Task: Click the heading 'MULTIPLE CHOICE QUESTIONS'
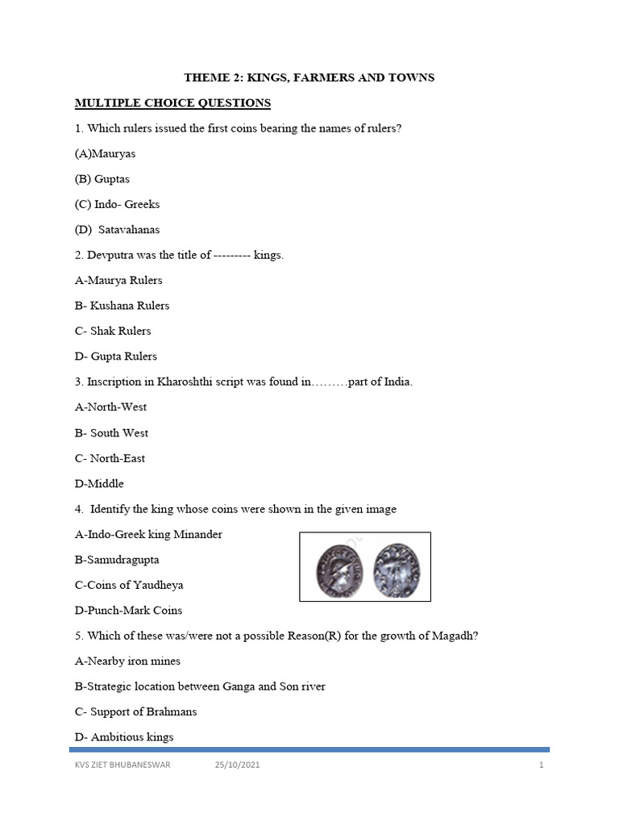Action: pos(172,103)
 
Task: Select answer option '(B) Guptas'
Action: pos(102,179)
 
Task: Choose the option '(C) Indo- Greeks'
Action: pos(118,204)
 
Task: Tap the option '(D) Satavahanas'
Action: pos(118,230)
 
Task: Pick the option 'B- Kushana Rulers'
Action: pos(122,306)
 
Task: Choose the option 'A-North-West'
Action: pos(111,407)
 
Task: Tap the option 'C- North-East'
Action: pos(110,458)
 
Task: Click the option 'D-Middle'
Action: pos(99,484)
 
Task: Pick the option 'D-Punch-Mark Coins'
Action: pos(129,610)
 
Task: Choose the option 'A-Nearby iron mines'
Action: pos(127,661)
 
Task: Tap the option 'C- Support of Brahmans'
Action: pos(135,712)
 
